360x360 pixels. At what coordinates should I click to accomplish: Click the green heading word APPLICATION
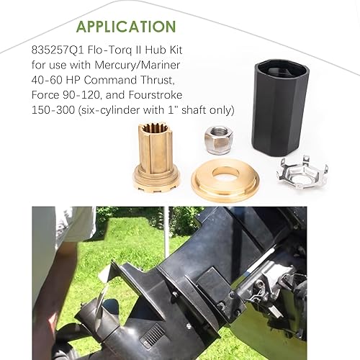[x=125, y=27]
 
